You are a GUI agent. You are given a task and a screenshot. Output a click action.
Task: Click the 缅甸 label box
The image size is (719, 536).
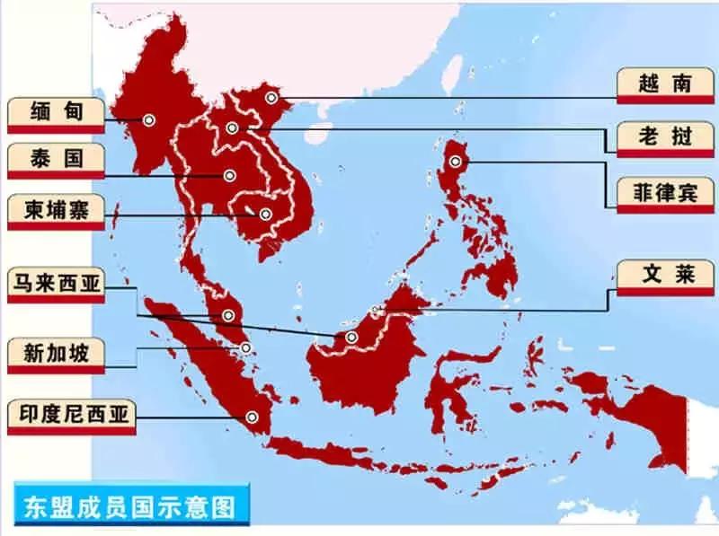pyautogui.click(x=56, y=113)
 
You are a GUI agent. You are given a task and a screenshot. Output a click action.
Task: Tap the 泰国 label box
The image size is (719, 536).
pyautogui.click(x=56, y=160)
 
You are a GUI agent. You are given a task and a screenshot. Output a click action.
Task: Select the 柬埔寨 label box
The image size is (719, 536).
pyautogui.click(x=56, y=209)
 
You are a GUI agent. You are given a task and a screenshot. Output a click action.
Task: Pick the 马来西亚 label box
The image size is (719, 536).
pyautogui.click(x=56, y=285)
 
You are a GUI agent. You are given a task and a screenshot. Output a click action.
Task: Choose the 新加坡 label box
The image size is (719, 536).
pyautogui.click(x=56, y=352)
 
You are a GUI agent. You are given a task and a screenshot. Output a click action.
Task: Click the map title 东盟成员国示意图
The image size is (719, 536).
pyautogui.click(x=126, y=505)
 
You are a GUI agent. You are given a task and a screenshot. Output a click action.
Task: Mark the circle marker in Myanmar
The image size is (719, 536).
pyautogui.click(x=148, y=119)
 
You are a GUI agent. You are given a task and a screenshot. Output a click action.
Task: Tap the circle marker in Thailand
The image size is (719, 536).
pyautogui.click(x=230, y=176)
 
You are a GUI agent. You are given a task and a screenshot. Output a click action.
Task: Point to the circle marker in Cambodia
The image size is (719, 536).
pyautogui.click(x=265, y=214)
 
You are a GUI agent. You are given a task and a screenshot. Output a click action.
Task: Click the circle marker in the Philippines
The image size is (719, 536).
pyautogui.click(x=456, y=162)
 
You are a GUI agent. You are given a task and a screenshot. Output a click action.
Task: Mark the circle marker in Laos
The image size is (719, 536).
pyautogui.click(x=233, y=128)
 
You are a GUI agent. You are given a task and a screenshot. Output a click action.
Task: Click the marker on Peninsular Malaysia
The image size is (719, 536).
pyautogui.click(x=228, y=315)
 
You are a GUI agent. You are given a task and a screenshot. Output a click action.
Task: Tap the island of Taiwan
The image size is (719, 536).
pyautogui.click(x=453, y=71)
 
